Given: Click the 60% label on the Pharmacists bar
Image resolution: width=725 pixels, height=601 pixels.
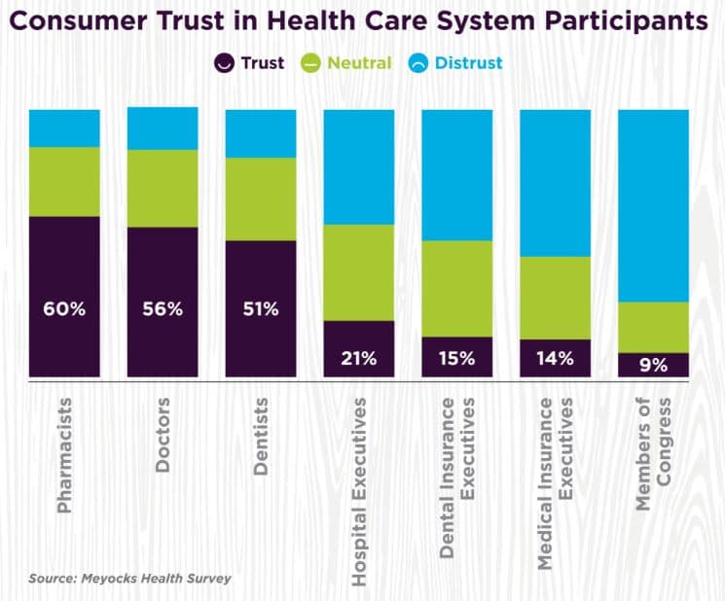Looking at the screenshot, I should coord(64,309).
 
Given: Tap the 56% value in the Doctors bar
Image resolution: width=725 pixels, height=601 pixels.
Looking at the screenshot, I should coord(163,309).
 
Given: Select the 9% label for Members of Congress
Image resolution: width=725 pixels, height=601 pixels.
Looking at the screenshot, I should coord(653,366).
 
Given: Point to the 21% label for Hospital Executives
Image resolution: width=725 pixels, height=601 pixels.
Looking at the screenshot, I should coord(359,357).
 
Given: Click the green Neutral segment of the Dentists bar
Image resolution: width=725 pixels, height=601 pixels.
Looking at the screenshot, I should coord(261,198).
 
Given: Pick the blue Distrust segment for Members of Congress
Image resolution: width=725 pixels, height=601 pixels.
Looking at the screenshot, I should coord(653,205).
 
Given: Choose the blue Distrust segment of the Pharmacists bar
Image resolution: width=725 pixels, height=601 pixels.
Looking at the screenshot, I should coord(64,128).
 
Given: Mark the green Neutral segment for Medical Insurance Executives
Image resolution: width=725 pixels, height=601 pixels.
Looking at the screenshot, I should coord(555,298).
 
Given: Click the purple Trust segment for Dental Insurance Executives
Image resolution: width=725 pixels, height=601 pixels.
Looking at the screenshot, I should coord(457,357).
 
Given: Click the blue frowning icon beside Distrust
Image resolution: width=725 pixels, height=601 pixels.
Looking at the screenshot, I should coord(417,63).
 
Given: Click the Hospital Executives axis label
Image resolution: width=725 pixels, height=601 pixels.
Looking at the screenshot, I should coord(359,491).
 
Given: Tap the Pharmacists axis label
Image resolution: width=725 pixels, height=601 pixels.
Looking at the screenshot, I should coord(65,454).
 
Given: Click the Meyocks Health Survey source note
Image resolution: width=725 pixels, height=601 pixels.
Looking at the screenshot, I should coord(129,579).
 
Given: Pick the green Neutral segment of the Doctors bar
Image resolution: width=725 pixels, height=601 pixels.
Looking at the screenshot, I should coord(163,189).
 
